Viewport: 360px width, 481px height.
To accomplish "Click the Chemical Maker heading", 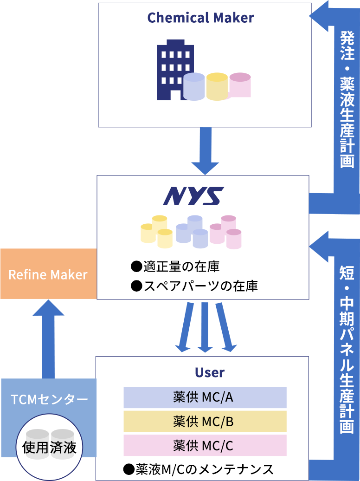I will coord(200,18).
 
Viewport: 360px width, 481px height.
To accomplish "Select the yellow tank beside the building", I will coord(217,87).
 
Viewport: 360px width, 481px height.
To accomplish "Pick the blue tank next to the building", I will coord(194,87).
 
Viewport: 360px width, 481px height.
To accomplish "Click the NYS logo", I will coord(193,196).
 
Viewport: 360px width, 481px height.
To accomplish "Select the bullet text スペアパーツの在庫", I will coord(194,286).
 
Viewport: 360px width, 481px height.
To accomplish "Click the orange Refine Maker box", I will coord(48,274).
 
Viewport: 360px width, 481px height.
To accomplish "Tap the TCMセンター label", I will coord(49,399).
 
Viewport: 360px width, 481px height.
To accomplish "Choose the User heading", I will coord(210,372).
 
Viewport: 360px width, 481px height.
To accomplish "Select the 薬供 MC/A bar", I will coord(205,397).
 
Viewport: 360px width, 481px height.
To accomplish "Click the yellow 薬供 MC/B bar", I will coord(205,422).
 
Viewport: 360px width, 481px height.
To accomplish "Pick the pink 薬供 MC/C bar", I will coord(205,446).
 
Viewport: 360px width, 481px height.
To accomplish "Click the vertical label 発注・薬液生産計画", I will coord(347,99).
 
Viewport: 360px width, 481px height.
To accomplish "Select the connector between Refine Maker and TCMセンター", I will coord(48,339).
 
